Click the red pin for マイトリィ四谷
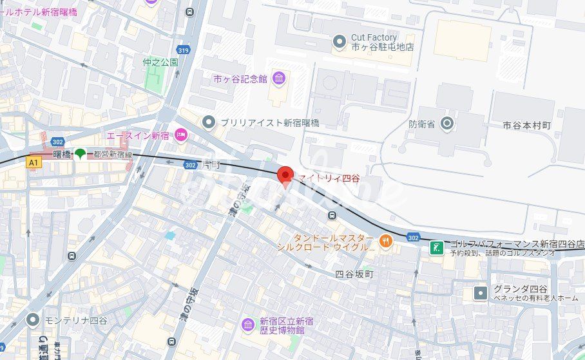[x=285, y=175]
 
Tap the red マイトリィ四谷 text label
[x=329, y=178]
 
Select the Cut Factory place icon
[x=340, y=43]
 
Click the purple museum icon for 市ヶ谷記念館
[x=279, y=79]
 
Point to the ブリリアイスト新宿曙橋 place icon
[x=208, y=122]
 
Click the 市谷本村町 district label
[x=526, y=124]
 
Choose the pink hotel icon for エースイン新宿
[x=181, y=135]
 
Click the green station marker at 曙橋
[x=80, y=154]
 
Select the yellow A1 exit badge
[x=33, y=164]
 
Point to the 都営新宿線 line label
[x=112, y=155]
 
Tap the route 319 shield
[x=183, y=49]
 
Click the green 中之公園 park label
[x=160, y=62]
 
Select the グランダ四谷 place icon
[x=481, y=293]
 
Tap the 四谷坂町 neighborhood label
[x=354, y=274]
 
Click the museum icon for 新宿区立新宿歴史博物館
[x=248, y=325]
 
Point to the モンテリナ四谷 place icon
[x=33, y=319]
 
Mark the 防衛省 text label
[x=422, y=123]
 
